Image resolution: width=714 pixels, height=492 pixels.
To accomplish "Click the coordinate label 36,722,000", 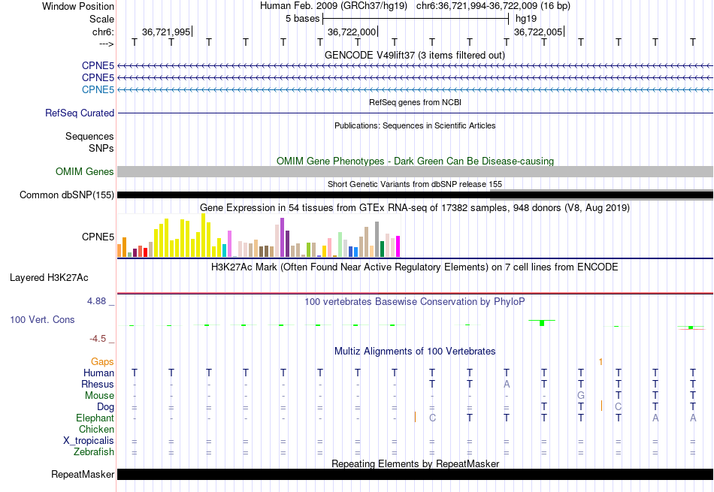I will tap(352, 32).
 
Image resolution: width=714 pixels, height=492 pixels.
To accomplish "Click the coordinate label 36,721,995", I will tap(166, 32).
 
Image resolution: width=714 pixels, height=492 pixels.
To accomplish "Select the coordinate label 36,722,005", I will tap(537, 32).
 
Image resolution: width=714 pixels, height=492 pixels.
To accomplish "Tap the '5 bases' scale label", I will tap(302, 19).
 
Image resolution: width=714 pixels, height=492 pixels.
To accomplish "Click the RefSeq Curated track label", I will tap(80, 113).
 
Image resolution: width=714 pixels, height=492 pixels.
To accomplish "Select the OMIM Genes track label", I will tap(85, 172).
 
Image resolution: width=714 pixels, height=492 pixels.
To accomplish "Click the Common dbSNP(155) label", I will tap(67, 195).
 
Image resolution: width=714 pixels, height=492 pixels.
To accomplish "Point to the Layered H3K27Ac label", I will tap(49, 277).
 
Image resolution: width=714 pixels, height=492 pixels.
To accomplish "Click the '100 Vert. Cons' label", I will tap(42, 319).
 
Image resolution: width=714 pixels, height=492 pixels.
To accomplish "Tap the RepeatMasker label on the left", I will tap(83, 474).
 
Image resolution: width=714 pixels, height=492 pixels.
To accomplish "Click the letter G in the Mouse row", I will tap(580, 395).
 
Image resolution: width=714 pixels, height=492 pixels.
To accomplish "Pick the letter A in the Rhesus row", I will tap(507, 384).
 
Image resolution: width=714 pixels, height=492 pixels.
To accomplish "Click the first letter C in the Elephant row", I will tap(431, 418).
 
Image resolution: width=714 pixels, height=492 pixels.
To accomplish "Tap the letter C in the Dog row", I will tap(618, 406).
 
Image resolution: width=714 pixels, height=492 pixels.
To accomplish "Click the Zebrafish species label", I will tap(94, 451).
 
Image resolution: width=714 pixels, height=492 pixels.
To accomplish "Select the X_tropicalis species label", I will tap(88, 440).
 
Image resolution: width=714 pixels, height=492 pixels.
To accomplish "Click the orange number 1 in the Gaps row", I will tap(601, 362).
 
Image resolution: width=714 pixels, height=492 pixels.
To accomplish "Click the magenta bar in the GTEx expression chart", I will tap(398, 246).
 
